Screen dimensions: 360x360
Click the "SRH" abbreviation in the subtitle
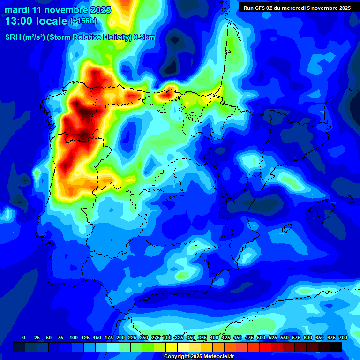14,37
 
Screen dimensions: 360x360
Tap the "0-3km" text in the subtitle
144,37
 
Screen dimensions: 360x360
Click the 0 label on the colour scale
24,338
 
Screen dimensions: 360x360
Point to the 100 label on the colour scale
73,338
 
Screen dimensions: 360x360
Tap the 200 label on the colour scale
120,338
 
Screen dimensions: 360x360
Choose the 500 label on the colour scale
261,338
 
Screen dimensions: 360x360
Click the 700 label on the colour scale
343,338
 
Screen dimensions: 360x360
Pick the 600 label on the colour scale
308,338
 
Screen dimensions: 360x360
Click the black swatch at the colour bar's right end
336,347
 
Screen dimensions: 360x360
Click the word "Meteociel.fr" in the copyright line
218,357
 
